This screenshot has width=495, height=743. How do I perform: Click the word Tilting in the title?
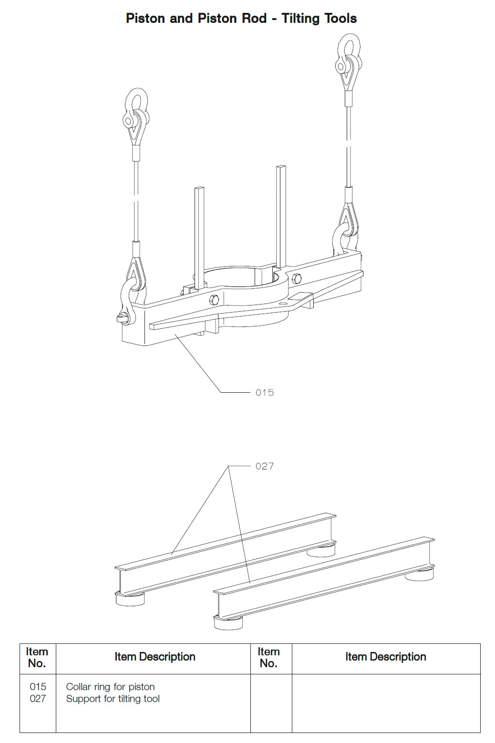coord(300,19)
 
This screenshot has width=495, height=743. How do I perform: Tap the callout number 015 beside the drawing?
coord(265,393)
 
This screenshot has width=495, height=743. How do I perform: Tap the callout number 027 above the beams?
coord(265,466)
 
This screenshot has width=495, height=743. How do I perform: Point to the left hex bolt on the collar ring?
coord(214,300)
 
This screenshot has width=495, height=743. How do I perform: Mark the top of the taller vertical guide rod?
coord(281,168)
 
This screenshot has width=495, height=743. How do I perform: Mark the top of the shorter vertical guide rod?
coord(199,189)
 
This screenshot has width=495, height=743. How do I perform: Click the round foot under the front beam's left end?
coord(228,622)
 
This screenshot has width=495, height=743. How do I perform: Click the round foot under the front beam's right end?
coord(419,573)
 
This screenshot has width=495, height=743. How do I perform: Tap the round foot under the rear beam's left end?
coord(130,599)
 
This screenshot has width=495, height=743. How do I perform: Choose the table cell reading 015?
coord(38,687)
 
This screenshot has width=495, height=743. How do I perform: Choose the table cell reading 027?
coord(38,699)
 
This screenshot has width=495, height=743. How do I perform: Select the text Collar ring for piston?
coord(110,687)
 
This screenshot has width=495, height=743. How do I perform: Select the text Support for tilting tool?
coord(113,699)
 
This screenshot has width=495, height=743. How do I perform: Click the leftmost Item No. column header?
coord(37,658)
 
